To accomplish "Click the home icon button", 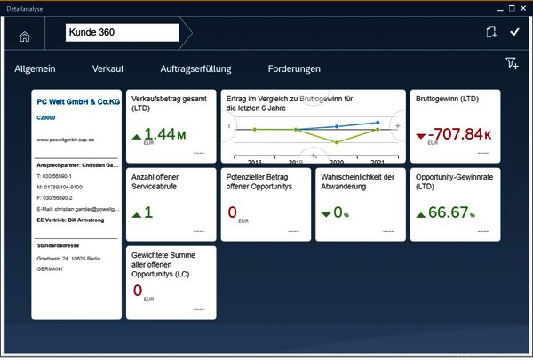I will [24, 36].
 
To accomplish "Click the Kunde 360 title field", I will [122, 33].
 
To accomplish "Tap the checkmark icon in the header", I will [514, 32].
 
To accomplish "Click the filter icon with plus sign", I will [512, 63].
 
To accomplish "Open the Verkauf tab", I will [107, 68].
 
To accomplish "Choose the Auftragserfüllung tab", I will [196, 68].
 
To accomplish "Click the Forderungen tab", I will [294, 68].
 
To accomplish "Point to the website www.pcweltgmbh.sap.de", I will [65, 140].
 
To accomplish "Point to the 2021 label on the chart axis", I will [378, 162].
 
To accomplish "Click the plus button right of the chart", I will [397, 126].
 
